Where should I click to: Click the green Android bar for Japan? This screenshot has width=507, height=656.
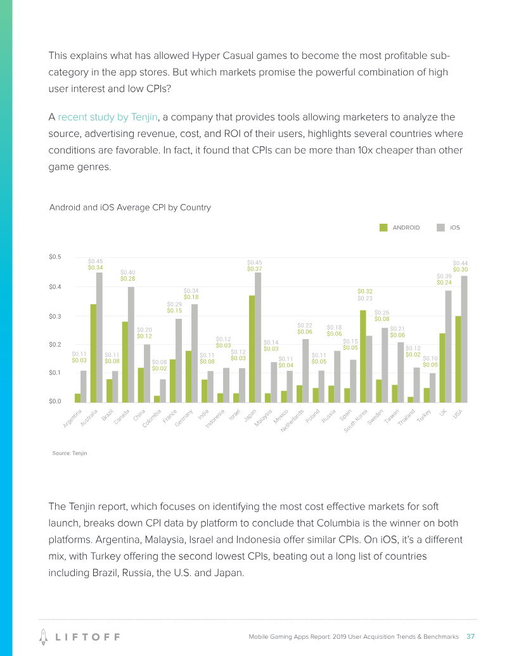(252, 349)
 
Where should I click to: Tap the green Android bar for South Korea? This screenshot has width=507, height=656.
(363, 356)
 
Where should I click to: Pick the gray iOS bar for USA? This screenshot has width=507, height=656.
(464, 338)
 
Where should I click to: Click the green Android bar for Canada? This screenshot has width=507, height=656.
(125, 361)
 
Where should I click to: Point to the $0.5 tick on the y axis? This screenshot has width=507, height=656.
(55, 257)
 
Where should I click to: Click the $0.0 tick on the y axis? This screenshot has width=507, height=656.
(55, 401)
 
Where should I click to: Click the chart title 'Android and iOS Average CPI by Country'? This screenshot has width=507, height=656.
(130, 207)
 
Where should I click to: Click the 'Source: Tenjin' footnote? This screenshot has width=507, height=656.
(70, 453)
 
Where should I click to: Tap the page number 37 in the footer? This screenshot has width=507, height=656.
(471, 636)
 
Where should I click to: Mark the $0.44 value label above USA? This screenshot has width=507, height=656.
(460, 262)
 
